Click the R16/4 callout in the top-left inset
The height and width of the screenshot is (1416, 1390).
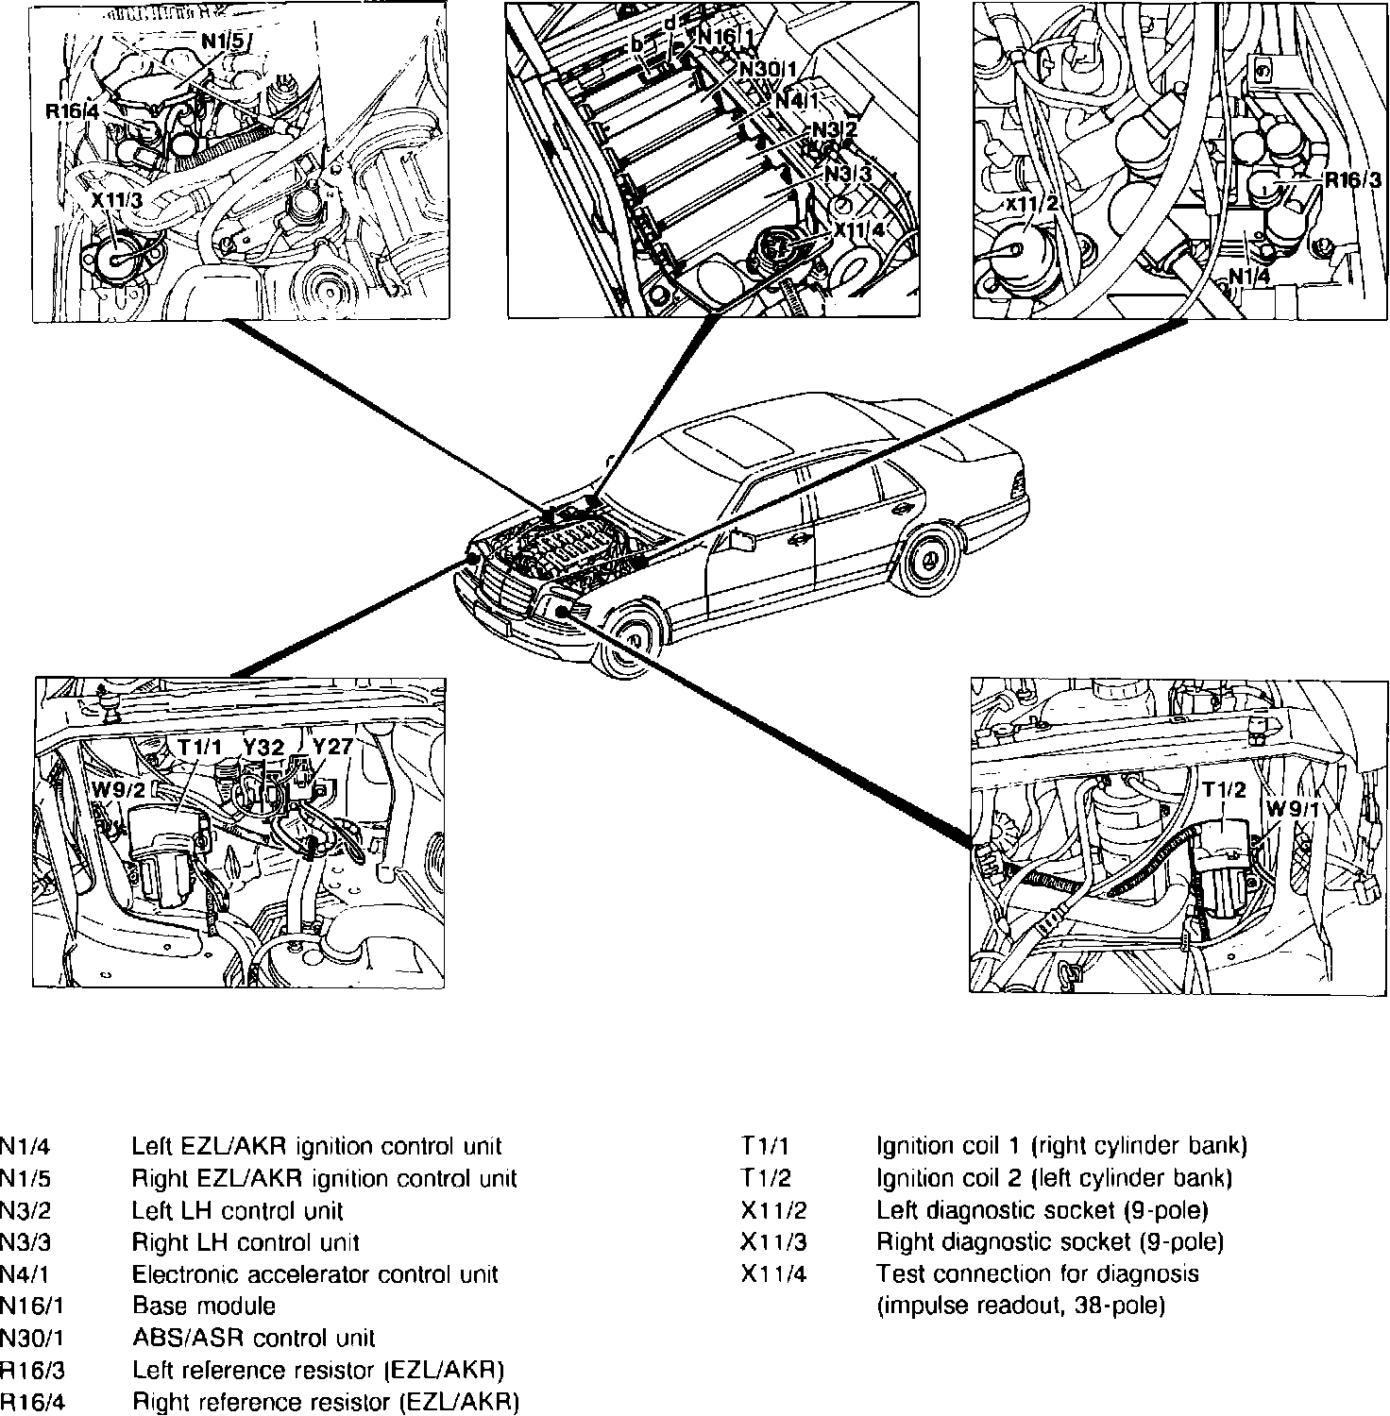(x=72, y=111)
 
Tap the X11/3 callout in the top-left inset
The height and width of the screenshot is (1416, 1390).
(x=117, y=201)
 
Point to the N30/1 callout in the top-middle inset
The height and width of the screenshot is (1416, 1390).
(x=767, y=69)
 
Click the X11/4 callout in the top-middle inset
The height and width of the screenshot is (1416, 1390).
(x=858, y=228)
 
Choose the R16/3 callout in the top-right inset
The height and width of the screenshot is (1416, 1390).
(x=1352, y=179)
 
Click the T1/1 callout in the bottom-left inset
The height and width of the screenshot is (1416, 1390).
(x=199, y=747)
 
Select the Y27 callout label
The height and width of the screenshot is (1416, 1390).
(x=332, y=746)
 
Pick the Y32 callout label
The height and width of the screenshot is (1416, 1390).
(x=263, y=747)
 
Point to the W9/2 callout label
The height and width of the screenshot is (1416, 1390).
(x=119, y=788)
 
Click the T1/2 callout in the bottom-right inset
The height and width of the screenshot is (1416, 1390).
(x=1224, y=788)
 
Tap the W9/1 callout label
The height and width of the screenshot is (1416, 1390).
(x=1291, y=809)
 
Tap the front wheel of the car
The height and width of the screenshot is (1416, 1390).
(x=630, y=640)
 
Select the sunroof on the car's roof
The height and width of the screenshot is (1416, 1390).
(x=735, y=436)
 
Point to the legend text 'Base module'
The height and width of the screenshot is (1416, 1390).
(x=204, y=1306)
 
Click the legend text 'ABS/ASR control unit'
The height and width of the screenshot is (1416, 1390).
(x=253, y=1339)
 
